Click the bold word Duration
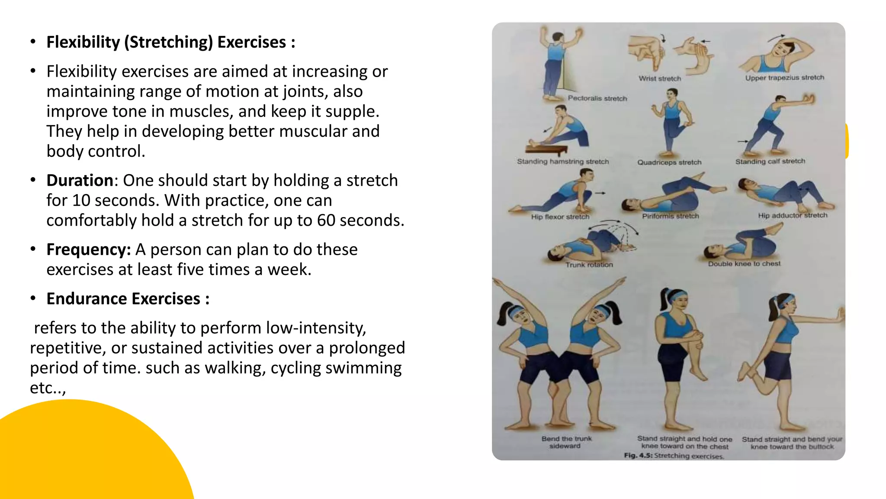click(x=80, y=180)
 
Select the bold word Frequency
click(x=88, y=249)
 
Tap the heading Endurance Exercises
click(x=128, y=299)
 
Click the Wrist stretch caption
click(x=660, y=78)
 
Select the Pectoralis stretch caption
click(x=597, y=98)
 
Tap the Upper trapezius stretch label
click(x=784, y=78)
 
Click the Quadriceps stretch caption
click(x=669, y=162)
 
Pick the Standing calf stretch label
click(x=770, y=161)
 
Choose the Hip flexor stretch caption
click(x=560, y=217)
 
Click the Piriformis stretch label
click(x=670, y=216)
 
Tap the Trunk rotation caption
click(x=589, y=265)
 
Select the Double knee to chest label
click(x=744, y=263)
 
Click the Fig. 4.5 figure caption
click(x=673, y=456)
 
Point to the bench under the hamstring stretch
click(x=546, y=150)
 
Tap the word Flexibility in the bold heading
click(x=83, y=42)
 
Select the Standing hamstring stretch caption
click(x=563, y=162)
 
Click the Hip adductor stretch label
click(x=792, y=215)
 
